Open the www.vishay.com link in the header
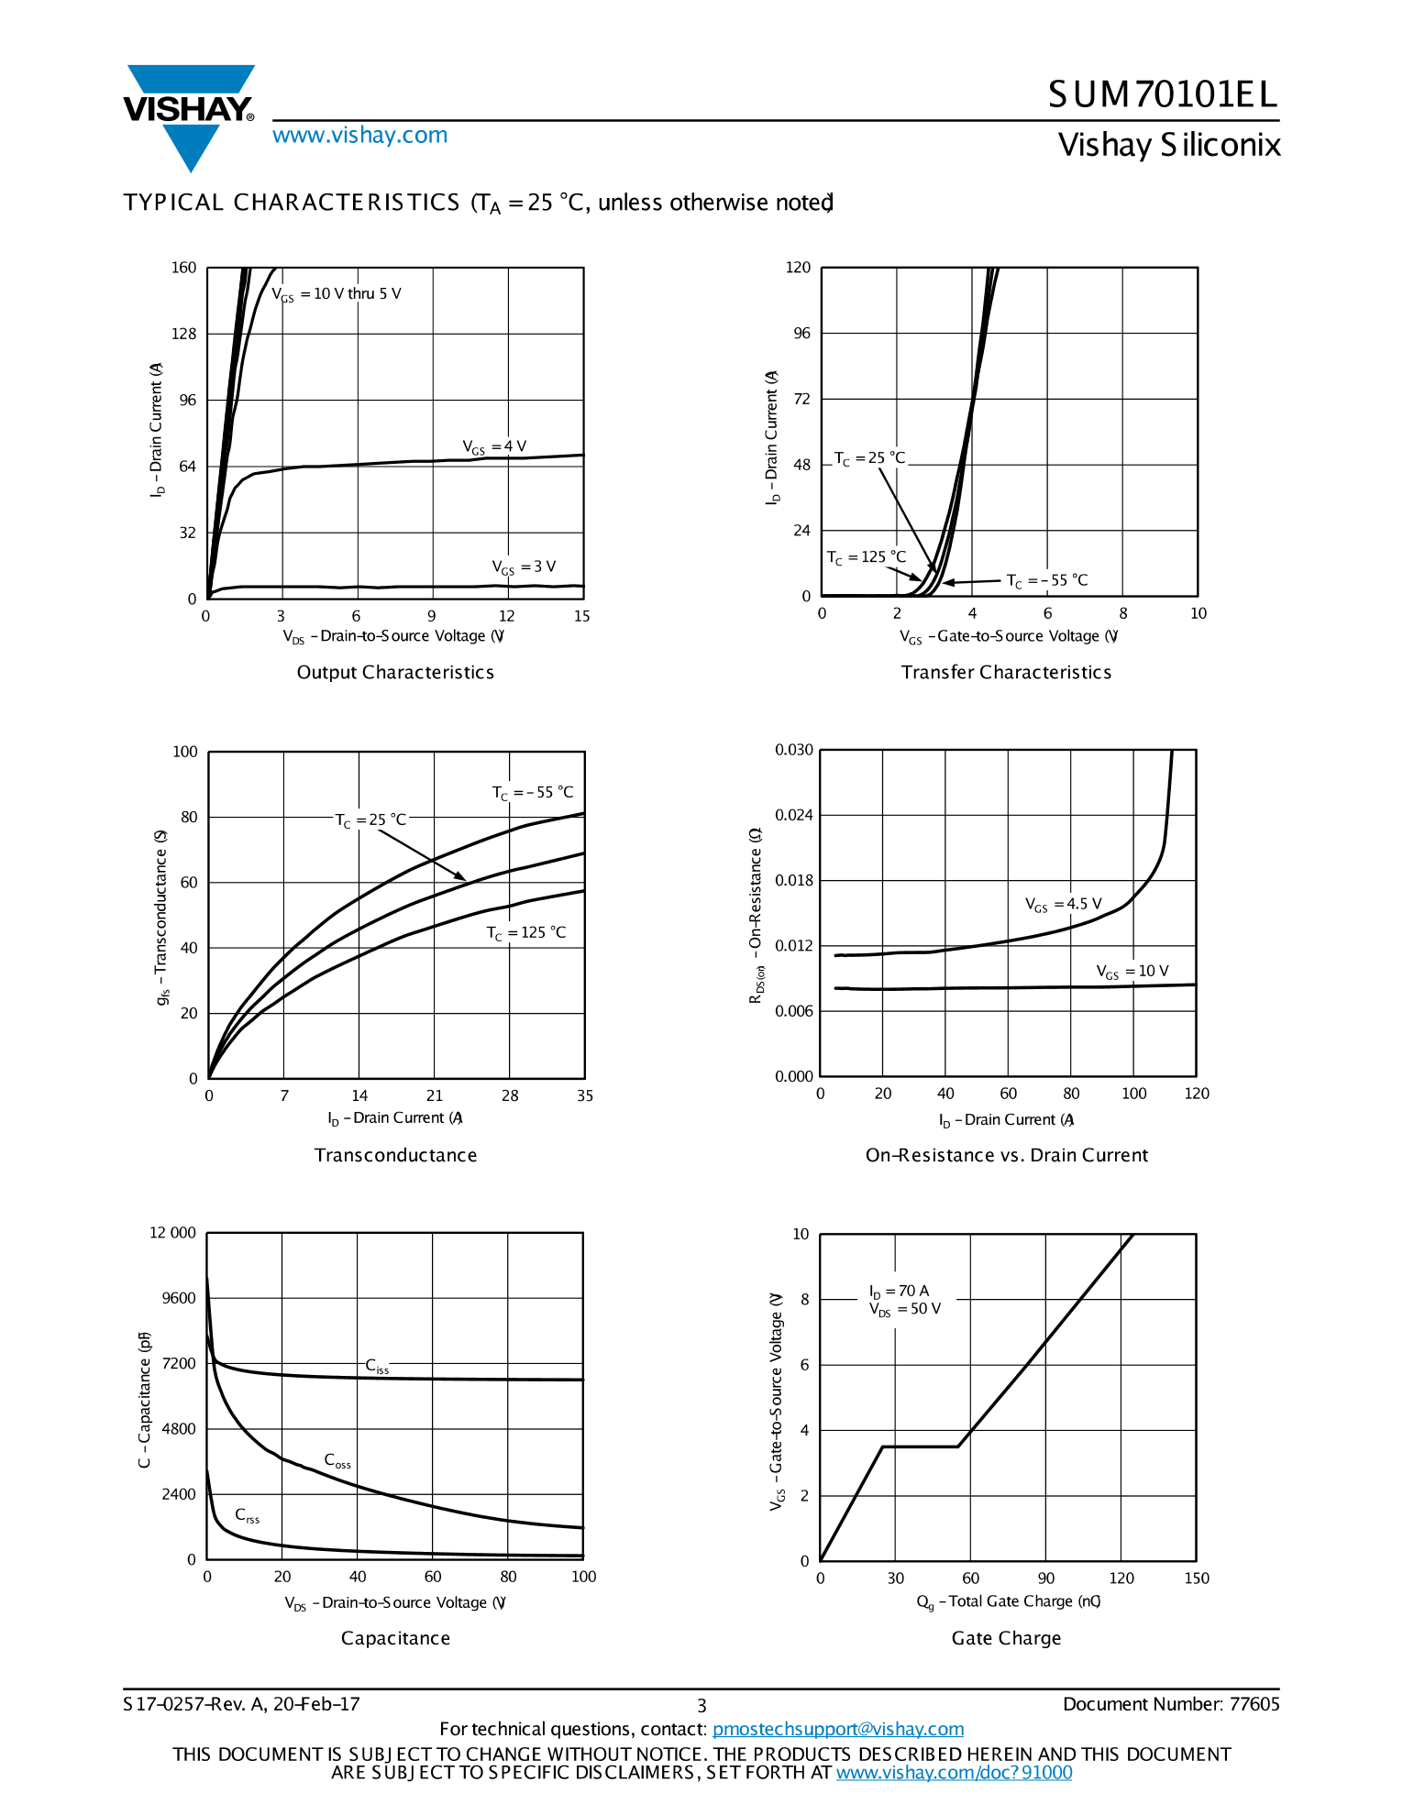[x=359, y=136]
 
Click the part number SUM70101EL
[x=1163, y=94]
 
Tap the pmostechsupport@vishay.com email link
[x=837, y=1729]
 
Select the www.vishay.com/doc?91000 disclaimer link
[x=954, y=1772]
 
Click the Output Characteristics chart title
[x=395, y=672]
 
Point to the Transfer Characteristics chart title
[x=1006, y=672]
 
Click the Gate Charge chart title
[x=1006, y=1638]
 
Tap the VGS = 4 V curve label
[x=494, y=447]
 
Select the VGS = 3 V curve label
[x=524, y=567]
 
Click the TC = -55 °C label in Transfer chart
[x=1047, y=580]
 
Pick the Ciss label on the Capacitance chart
[x=377, y=1367]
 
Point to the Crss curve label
[x=247, y=1516]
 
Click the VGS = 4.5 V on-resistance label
[x=1063, y=905]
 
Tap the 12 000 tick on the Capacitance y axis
[x=172, y=1233]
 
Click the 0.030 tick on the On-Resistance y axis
[x=794, y=750]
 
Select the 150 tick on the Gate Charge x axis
[x=1197, y=1578]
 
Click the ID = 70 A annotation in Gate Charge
[x=899, y=1291]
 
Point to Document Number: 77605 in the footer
[x=1171, y=1704]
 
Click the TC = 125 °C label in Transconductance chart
[x=525, y=933]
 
